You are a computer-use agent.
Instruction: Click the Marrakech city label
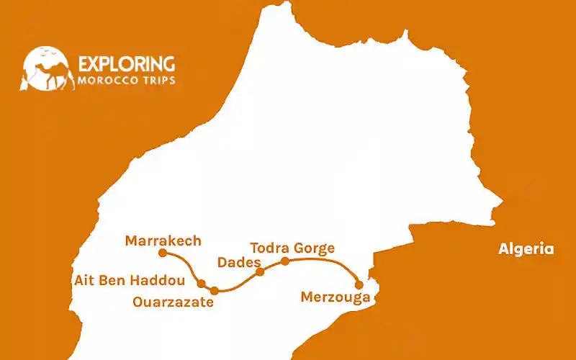click(163, 240)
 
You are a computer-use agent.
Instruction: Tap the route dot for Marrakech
click(163, 253)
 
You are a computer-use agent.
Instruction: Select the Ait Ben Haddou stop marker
click(202, 284)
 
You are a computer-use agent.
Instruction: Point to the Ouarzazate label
click(173, 302)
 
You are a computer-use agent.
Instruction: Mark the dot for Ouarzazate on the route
click(215, 291)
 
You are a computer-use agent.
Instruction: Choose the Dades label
click(238, 263)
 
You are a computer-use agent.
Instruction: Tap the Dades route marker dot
click(261, 271)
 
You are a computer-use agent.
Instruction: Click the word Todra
click(268, 248)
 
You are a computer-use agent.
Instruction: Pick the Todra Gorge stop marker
click(285, 261)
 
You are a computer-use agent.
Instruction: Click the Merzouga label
click(336, 297)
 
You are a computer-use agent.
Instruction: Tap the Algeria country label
click(526, 249)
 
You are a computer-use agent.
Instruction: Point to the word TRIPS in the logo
click(157, 80)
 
